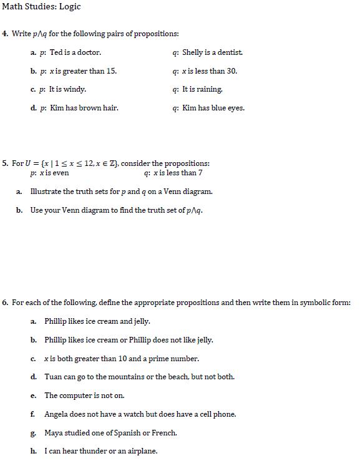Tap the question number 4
pos(4,34)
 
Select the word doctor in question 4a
pos(89,53)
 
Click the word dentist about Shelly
pos(230,53)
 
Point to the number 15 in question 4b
pos(111,71)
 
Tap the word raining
pos(210,90)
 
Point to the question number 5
pos(4,163)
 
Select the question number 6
pos(4,303)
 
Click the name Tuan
pos(53,377)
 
